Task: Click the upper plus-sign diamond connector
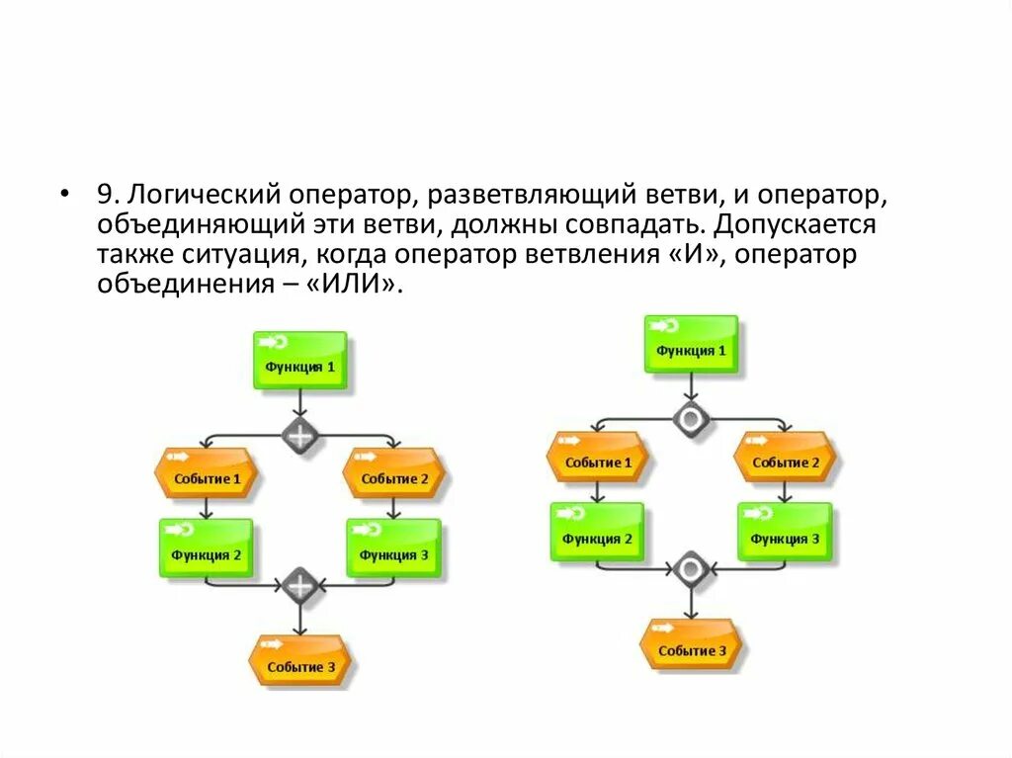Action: click(299, 434)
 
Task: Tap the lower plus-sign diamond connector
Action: click(298, 585)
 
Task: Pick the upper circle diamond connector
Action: click(691, 418)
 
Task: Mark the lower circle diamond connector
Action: click(691, 569)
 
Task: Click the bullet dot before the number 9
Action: click(65, 193)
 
